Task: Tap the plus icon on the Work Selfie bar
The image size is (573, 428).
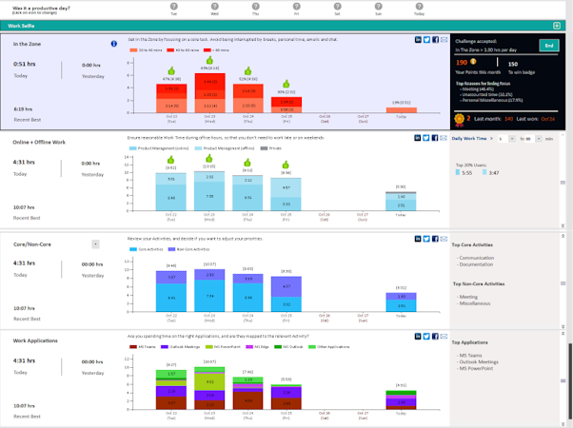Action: click(557, 26)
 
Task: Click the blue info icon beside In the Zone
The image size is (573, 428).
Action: click(114, 44)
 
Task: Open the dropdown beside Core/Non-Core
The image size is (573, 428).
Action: click(95, 244)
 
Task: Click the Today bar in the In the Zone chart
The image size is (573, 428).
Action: click(401, 109)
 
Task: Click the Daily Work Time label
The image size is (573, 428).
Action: click(469, 139)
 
